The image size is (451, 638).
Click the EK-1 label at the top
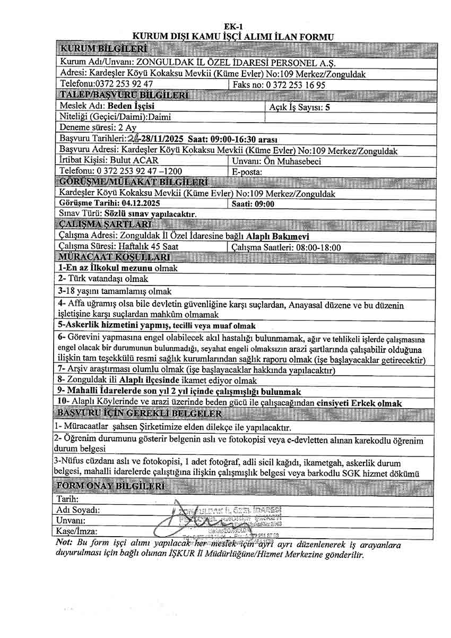tap(233, 27)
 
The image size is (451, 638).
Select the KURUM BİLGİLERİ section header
tap(93, 50)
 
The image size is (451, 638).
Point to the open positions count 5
tap(327, 107)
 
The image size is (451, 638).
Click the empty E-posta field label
tap(247, 172)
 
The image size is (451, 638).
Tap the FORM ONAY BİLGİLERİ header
tap(111, 487)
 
